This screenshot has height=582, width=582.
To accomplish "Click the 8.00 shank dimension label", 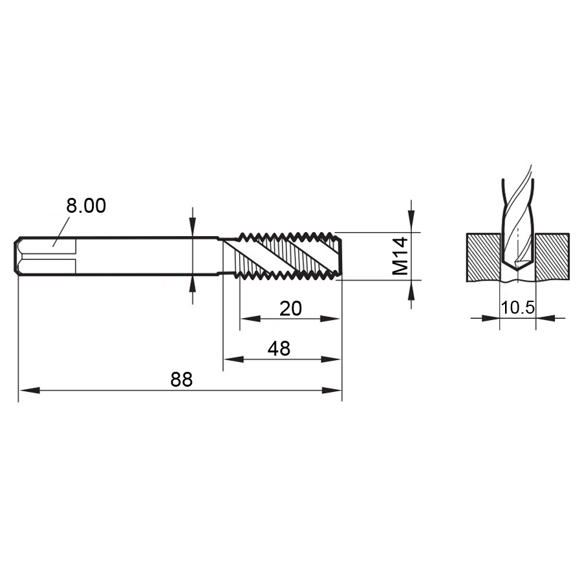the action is coord(86,206).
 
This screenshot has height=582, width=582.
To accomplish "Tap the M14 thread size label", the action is coord(400,256).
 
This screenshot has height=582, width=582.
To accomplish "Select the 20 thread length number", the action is coord(290,309).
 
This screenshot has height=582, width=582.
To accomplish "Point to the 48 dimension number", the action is coord(279,349).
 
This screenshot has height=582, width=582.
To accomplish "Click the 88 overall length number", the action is coord(182,380).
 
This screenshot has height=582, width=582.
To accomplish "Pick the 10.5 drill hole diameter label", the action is coord(518,308).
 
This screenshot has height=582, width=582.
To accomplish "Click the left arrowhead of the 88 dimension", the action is coord(29,391).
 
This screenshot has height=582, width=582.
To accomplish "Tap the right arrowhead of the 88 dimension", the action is coord(331,391).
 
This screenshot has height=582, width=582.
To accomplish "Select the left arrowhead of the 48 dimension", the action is coord(233,360).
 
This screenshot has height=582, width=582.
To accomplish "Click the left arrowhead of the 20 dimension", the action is coord(250,318).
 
